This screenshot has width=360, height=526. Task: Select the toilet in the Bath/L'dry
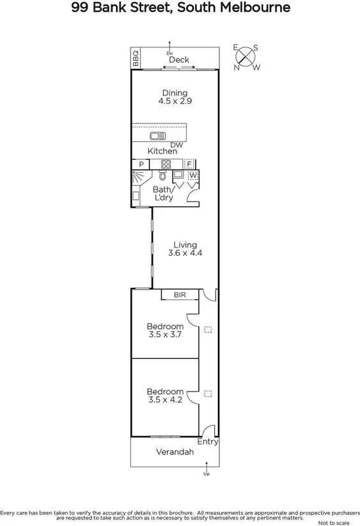(x=164, y=175)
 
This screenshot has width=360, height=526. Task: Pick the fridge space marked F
(x=189, y=164)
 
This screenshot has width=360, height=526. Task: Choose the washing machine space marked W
(x=192, y=175)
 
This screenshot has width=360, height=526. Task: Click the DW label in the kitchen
(x=177, y=145)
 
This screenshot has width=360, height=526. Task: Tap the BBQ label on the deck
(x=136, y=58)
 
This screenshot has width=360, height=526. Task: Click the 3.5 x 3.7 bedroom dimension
(x=165, y=333)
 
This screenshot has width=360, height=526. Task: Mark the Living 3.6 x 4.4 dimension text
(x=184, y=253)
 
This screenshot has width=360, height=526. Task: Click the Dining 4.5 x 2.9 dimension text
(x=175, y=101)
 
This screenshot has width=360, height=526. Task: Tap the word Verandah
(x=175, y=452)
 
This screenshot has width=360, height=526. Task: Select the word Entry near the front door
(x=208, y=442)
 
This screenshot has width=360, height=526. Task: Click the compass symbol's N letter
(x=236, y=67)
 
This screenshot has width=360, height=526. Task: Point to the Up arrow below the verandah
(x=206, y=474)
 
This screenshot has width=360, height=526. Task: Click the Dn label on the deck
(x=169, y=52)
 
